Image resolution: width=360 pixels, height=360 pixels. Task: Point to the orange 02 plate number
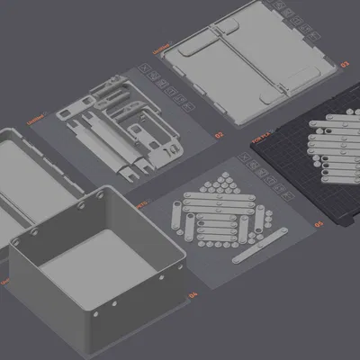pos(219,136)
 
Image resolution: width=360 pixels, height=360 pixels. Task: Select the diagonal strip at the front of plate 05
pos(261,247)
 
